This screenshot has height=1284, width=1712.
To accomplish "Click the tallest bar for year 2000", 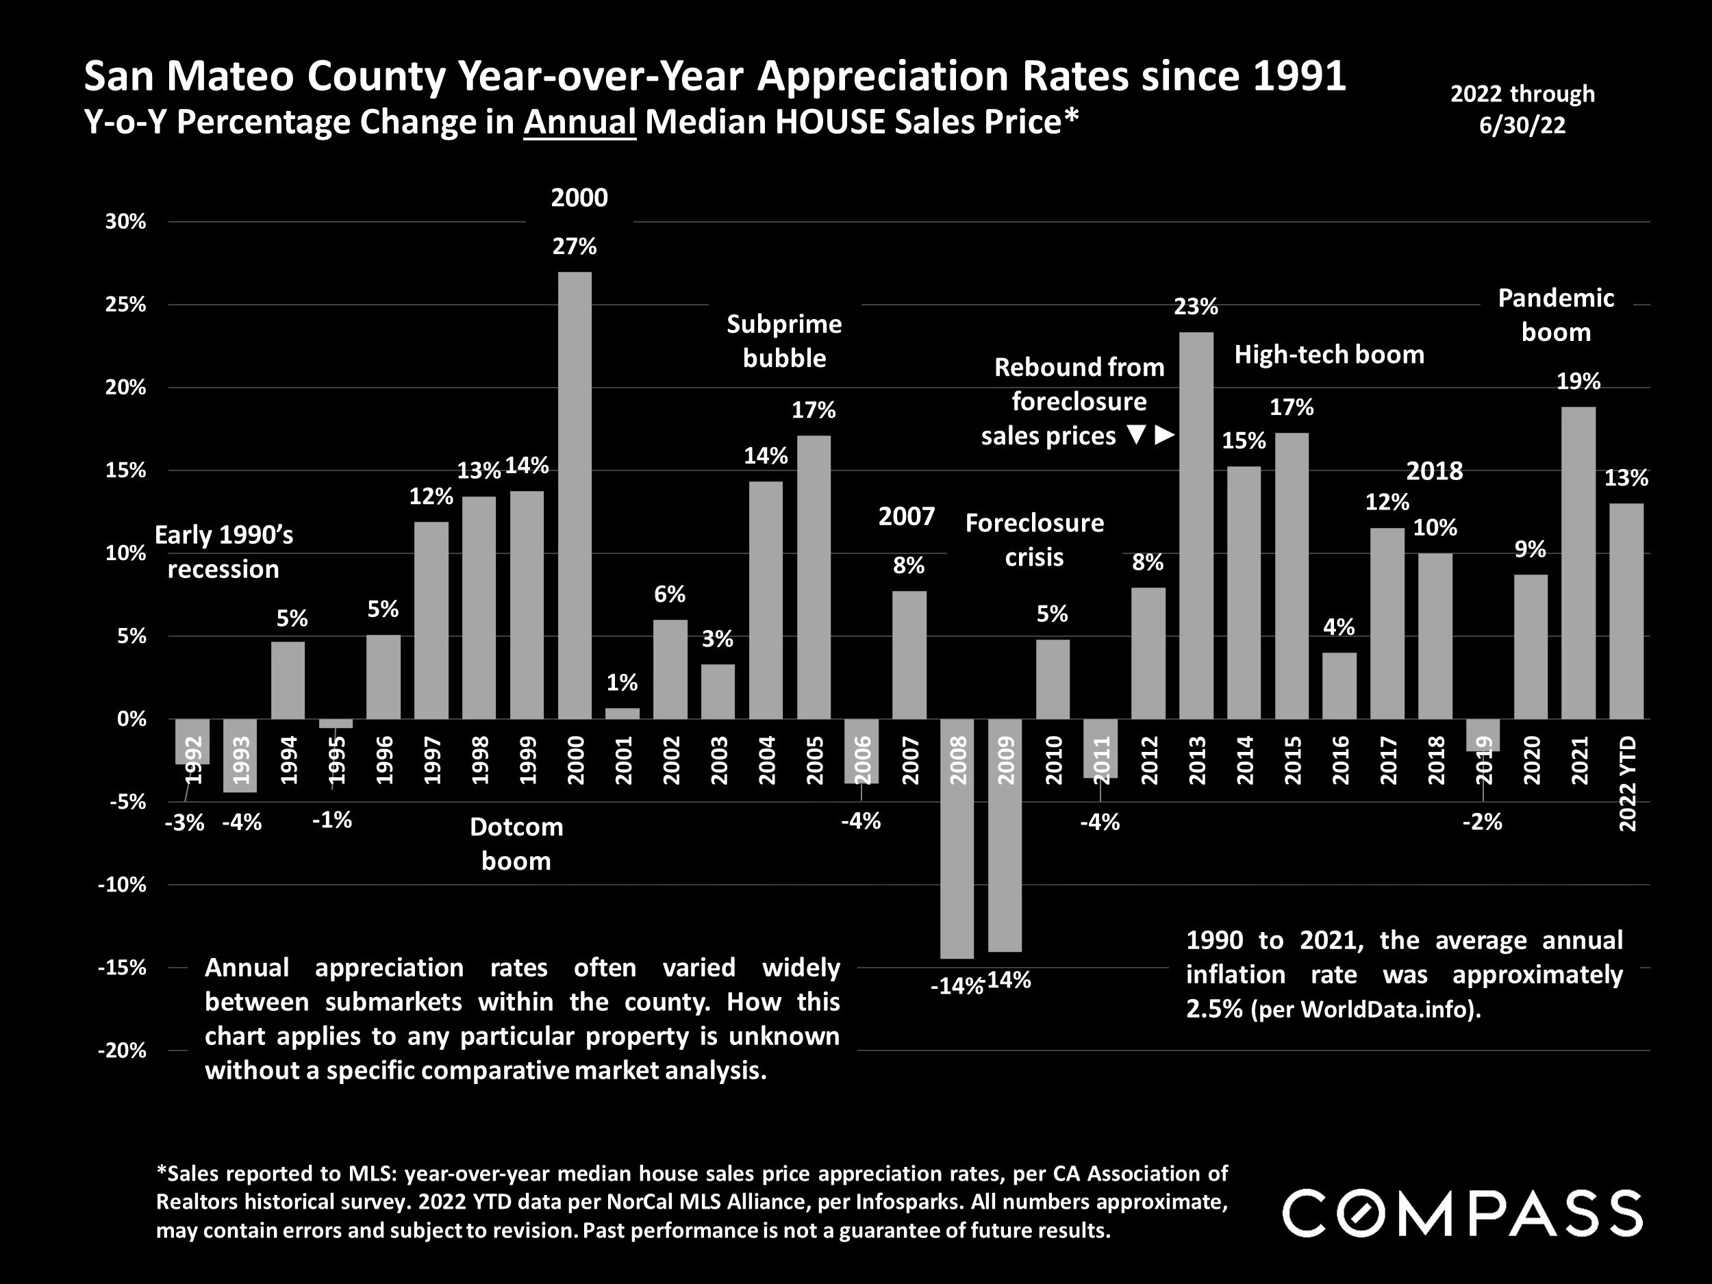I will (x=575, y=495).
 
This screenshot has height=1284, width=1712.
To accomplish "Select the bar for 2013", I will (x=1196, y=527).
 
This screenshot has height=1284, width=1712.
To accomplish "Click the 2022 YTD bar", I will (x=1626, y=612).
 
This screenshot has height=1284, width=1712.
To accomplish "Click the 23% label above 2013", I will (x=1196, y=307).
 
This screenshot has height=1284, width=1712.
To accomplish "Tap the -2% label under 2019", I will (x=1482, y=822).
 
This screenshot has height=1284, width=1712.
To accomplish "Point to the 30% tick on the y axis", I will (x=125, y=222).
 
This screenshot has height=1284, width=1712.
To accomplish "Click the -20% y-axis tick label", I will (x=123, y=1050).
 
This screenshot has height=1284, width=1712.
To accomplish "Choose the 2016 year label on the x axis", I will (x=1339, y=760).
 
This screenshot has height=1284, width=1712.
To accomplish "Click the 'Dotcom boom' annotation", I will (x=516, y=844).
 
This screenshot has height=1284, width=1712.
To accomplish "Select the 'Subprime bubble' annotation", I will (x=784, y=340).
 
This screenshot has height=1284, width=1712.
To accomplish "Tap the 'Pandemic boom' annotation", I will (x=1556, y=315).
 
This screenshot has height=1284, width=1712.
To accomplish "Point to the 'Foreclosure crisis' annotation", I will (x=1034, y=540).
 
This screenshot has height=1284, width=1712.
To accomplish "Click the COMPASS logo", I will (x=1463, y=1213).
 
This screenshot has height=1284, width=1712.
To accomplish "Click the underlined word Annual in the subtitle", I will (x=580, y=123).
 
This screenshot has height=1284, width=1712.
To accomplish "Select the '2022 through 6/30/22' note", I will (x=1522, y=109).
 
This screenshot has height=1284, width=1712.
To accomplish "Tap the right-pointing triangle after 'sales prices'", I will (x=1165, y=436).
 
